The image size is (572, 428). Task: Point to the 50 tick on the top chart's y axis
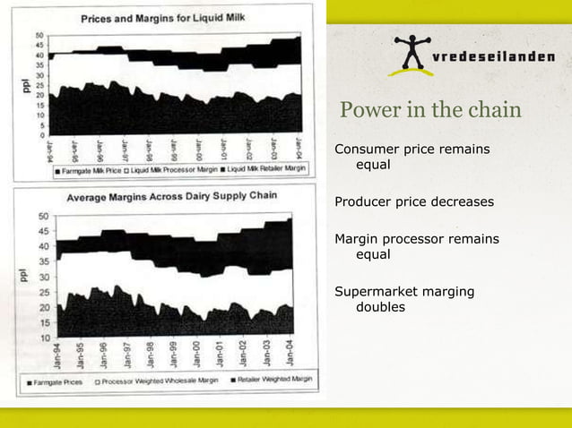pos(39,36)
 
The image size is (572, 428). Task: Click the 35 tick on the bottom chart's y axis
pos(43,261)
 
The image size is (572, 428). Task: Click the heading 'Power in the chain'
pos(429,111)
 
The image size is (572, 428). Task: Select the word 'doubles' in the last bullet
pos(380,307)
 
